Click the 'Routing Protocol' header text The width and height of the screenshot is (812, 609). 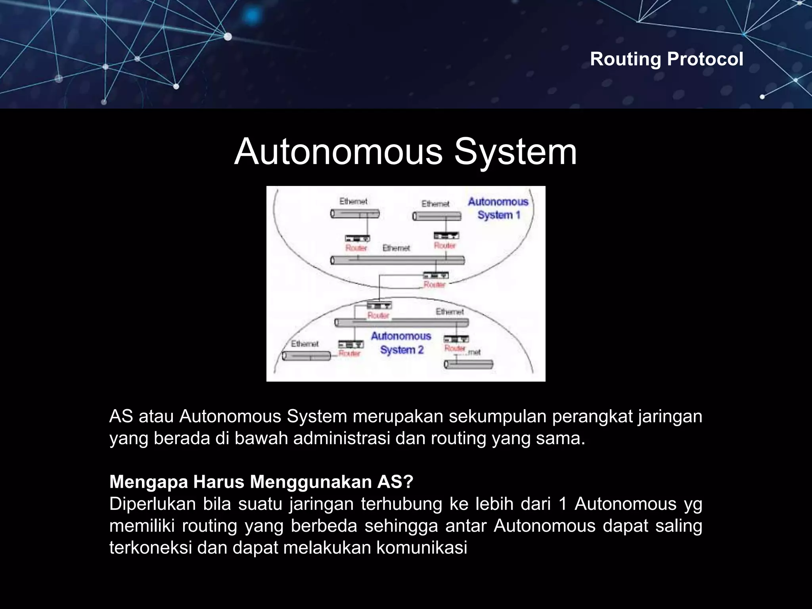coord(666,59)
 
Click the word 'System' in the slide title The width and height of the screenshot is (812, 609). coord(515,152)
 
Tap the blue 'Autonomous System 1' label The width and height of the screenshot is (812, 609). coord(498,208)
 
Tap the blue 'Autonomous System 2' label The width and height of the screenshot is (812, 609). coord(401,343)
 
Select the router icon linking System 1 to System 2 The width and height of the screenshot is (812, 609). coord(436,275)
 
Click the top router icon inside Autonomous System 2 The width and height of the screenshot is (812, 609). coord(379,305)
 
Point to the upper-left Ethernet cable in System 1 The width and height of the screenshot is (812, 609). coord(355,214)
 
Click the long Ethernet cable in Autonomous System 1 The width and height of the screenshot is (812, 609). coord(397,260)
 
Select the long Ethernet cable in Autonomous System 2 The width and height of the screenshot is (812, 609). coord(401,322)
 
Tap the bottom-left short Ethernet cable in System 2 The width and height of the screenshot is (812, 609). coord(306,356)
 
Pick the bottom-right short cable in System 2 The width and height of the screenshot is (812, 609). coord(468,364)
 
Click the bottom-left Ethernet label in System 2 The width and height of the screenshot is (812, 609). coord(304,344)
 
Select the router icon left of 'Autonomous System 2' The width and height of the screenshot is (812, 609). coord(350,344)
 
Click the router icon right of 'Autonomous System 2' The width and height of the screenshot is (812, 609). coord(456,339)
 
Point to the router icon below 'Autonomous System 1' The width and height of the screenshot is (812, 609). coord(446,236)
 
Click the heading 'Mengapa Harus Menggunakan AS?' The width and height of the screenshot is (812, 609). coord(261,482)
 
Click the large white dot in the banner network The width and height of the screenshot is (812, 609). coord(228,37)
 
